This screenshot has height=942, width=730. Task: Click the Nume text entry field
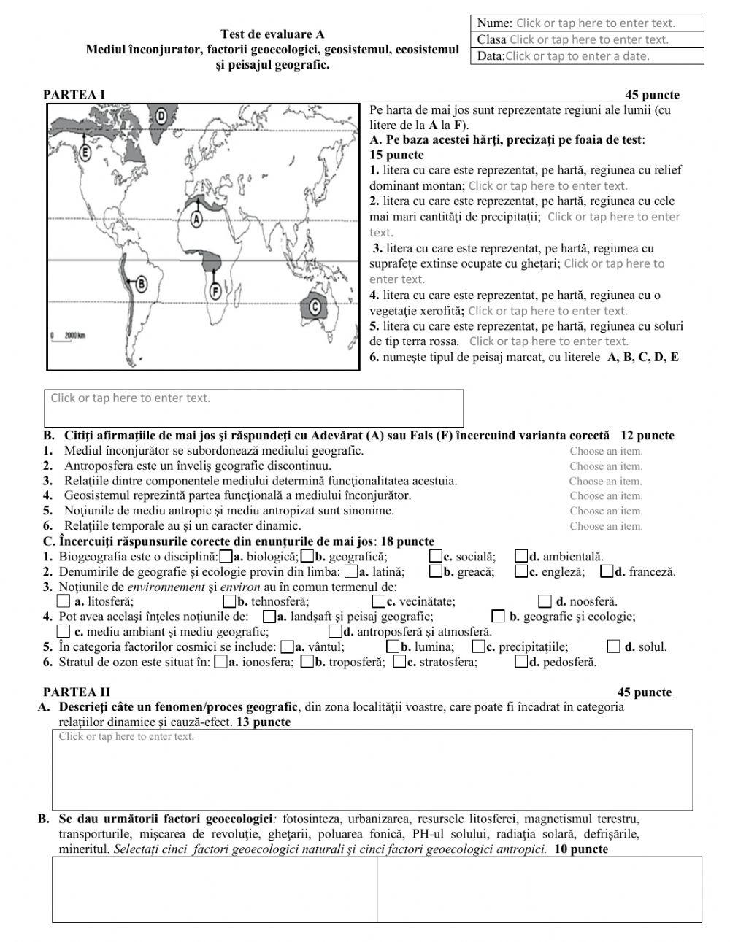pyautogui.click(x=595, y=23)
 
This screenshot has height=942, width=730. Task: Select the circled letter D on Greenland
pyautogui.click(x=161, y=115)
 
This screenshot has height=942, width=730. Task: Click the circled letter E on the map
pyautogui.click(x=85, y=152)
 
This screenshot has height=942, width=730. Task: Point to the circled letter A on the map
pyautogui.click(x=196, y=217)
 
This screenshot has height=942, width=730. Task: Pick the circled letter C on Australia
pyautogui.click(x=315, y=306)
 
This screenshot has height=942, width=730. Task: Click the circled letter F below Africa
pyautogui.click(x=215, y=291)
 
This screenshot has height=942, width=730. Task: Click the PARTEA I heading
pyautogui.click(x=74, y=95)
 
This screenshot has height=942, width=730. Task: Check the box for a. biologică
pyautogui.click(x=226, y=557)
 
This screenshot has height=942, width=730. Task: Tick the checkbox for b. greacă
pyautogui.click(x=436, y=572)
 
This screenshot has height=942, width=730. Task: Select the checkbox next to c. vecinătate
pyautogui.click(x=378, y=602)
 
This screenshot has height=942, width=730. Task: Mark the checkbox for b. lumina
pyautogui.click(x=393, y=646)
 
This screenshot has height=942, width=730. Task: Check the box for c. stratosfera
pyautogui.click(x=399, y=663)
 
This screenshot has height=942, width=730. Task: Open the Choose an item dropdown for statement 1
pyautogui.click(x=606, y=451)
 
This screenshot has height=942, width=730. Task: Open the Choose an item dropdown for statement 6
pyautogui.click(x=606, y=526)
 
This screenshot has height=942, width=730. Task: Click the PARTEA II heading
pyautogui.click(x=77, y=692)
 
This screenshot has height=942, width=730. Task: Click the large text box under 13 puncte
pyautogui.click(x=372, y=770)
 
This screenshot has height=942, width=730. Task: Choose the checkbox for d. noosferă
pyautogui.click(x=545, y=602)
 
